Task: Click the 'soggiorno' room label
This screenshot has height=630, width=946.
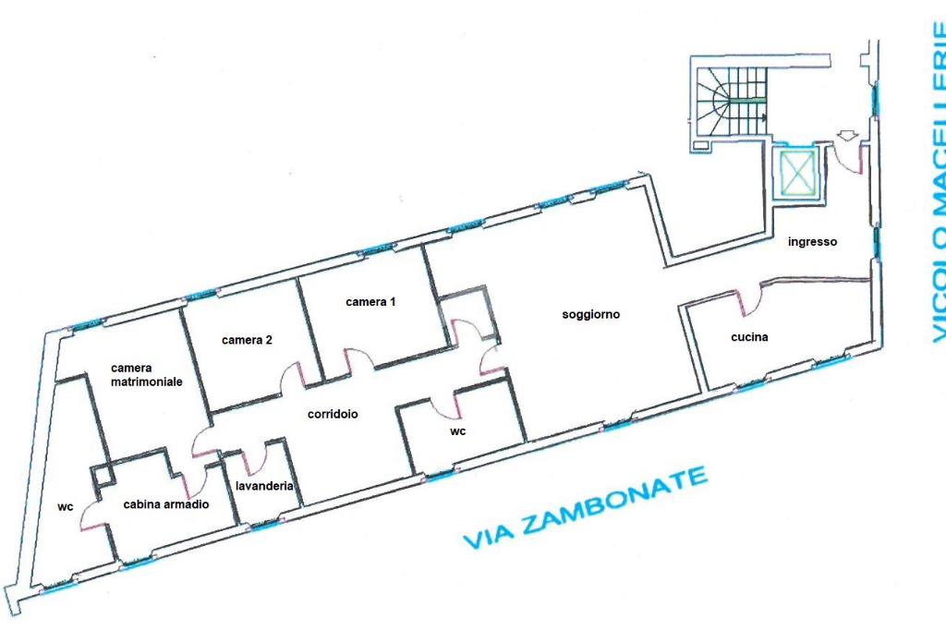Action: click(591, 315)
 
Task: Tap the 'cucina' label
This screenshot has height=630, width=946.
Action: click(749, 337)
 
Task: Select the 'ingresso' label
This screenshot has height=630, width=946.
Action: click(812, 242)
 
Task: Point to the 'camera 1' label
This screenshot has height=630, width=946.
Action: click(370, 301)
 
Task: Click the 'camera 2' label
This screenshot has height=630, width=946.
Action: click(247, 340)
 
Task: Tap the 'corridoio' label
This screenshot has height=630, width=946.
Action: click(333, 415)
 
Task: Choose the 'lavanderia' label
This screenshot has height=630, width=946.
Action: click(264, 486)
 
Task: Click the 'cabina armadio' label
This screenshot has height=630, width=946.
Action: click(166, 504)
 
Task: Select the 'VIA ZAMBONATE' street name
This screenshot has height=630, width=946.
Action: click(585, 508)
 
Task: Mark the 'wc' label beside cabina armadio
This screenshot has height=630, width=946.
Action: click(65, 507)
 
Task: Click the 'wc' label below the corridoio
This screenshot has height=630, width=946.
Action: click(457, 431)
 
